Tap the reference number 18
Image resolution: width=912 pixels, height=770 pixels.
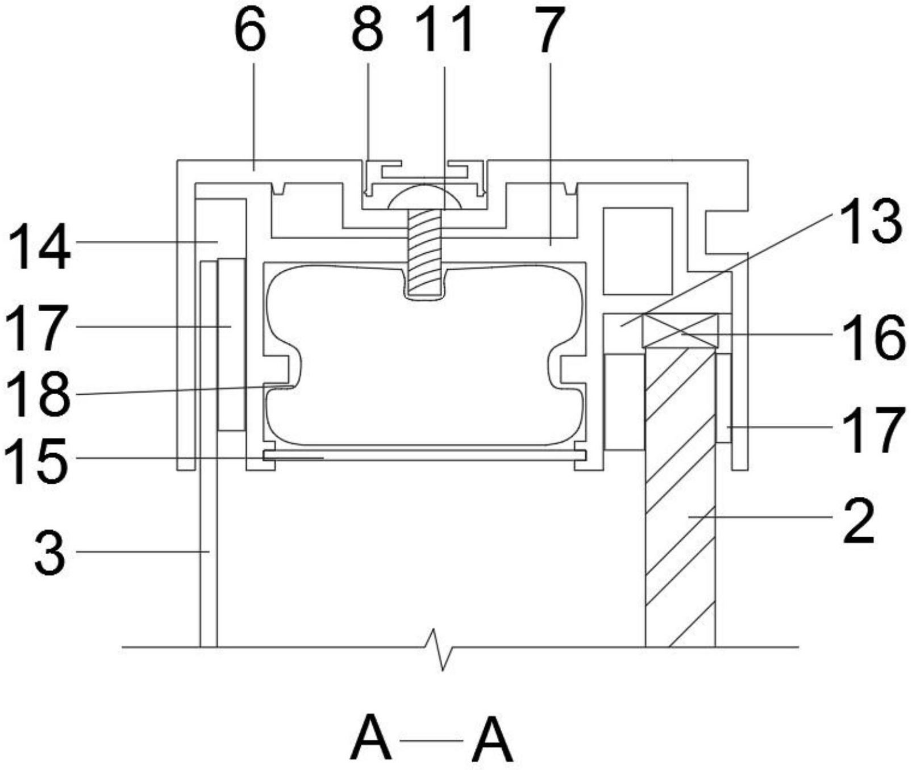[x=38, y=394]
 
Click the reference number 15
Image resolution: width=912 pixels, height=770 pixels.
[x=37, y=461]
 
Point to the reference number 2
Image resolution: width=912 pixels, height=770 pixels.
[x=859, y=522]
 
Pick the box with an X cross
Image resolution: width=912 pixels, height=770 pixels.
[x=680, y=330]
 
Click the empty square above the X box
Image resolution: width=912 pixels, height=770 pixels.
[x=638, y=251]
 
